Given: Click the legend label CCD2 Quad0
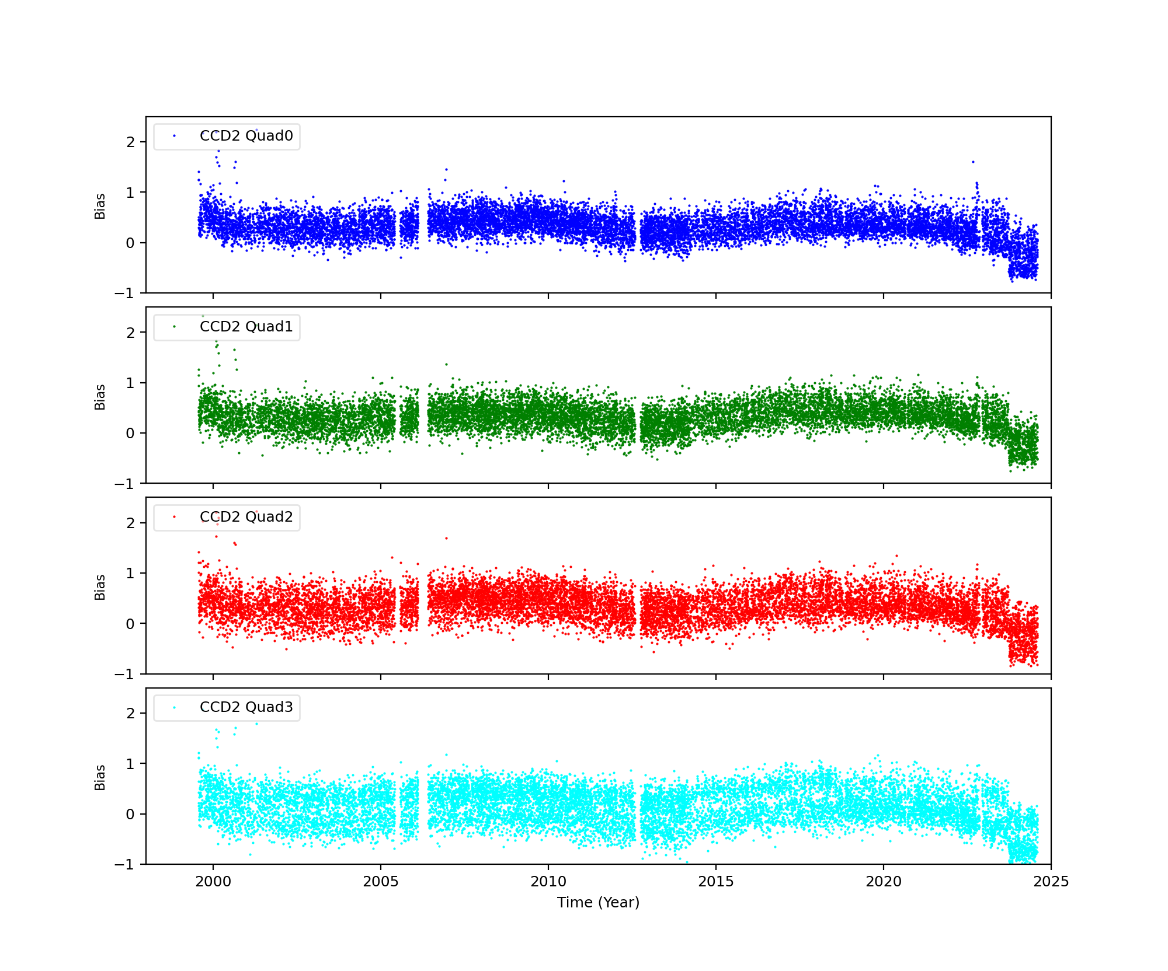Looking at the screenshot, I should click(x=246, y=136).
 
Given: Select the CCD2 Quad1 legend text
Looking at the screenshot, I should click(x=246, y=327).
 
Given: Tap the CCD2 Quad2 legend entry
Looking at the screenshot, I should click(x=246, y=517).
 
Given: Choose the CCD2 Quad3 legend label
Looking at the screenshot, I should click(x=246, y=707).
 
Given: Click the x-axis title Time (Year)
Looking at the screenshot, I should click(x=598, y=903).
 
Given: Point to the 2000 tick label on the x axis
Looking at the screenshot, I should click(x=213, y=882).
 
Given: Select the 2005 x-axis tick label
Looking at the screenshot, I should click(x=381, y=882).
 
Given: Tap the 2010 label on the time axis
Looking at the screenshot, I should click(x=548, y=882).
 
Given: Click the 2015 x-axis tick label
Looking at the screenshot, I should click(x=716, y=882).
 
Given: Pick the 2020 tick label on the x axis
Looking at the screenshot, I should click(x=884, y=882).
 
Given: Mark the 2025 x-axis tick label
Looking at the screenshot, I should click(x=1051, y=882).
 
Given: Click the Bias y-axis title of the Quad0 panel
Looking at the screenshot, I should click(x=100, y=206).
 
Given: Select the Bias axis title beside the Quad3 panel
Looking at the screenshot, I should click(x=100, y=777).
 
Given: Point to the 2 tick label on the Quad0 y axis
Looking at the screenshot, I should click(x=130, y=142).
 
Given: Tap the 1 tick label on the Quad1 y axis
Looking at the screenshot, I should click(x=130, y=383).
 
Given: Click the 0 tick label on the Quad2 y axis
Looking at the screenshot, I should click(x=130, y=624).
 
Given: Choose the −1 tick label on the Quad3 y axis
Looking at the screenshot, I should click(x=125, y=865).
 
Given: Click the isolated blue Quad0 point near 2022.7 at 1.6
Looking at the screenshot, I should click(x=973, y=162).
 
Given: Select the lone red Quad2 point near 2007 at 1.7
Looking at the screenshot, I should click(x=446, y=538).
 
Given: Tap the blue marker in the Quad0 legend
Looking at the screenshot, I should click(x=174, y=136).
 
